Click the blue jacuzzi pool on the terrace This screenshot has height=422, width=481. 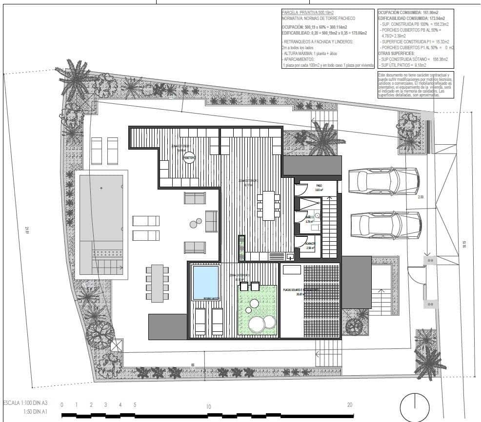pyautogui.click(x=205, y=282)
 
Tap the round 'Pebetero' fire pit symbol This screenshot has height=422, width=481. pyautogui.click(x=189, y=158)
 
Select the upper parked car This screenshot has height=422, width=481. pyautogui.click(x=384, y=182)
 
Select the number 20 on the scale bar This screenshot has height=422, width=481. pyautogui.click(x=349, y=405)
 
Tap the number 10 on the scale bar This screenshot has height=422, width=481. pyautogui.click(x=208, y=406)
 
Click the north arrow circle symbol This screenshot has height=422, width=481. pyautogui.click(x=414, y=406)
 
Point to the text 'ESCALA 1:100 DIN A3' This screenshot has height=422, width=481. pyautogui.click(x=25, y=403)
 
